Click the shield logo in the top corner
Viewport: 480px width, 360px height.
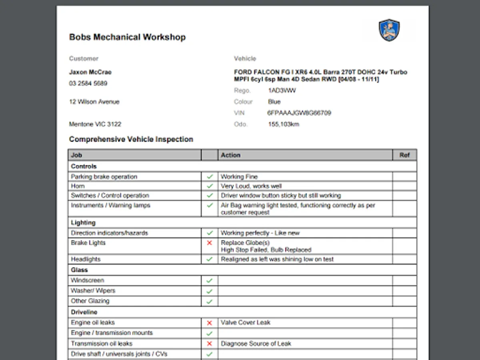click(x=389, y=30)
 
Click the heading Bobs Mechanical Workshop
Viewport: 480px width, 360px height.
click(x=127, y=37)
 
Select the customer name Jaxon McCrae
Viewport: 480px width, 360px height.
click(x=90, y=72)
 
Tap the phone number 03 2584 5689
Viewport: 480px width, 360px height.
click(x=88, y=84)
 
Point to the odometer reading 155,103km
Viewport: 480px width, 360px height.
click(x=284, y=124)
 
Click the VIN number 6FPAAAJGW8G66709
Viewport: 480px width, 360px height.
click(x=299, y=113)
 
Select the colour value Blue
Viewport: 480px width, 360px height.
click(x=274, y=102)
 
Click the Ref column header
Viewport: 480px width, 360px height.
click(x=404, y=155)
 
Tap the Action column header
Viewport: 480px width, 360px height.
click(x=231, y=155)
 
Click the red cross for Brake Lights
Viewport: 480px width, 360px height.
click(x=209, y=243)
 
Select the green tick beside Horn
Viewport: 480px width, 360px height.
click(x=209, y=186)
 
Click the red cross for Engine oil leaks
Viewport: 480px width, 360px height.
click(x=209, y=323)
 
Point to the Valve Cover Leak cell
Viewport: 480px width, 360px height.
click(x=246, y=322)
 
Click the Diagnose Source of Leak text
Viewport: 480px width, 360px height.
click(x=256, y=344)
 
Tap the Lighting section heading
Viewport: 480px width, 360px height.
click(x=83, y=222)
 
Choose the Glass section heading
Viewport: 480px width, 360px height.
click(x=79, y=270)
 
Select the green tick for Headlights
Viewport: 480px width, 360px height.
click(x=209, y=259)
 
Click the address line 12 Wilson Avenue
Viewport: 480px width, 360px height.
click(x=94, y=102)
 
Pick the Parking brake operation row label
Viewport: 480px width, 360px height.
click(x=104, y=177)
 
